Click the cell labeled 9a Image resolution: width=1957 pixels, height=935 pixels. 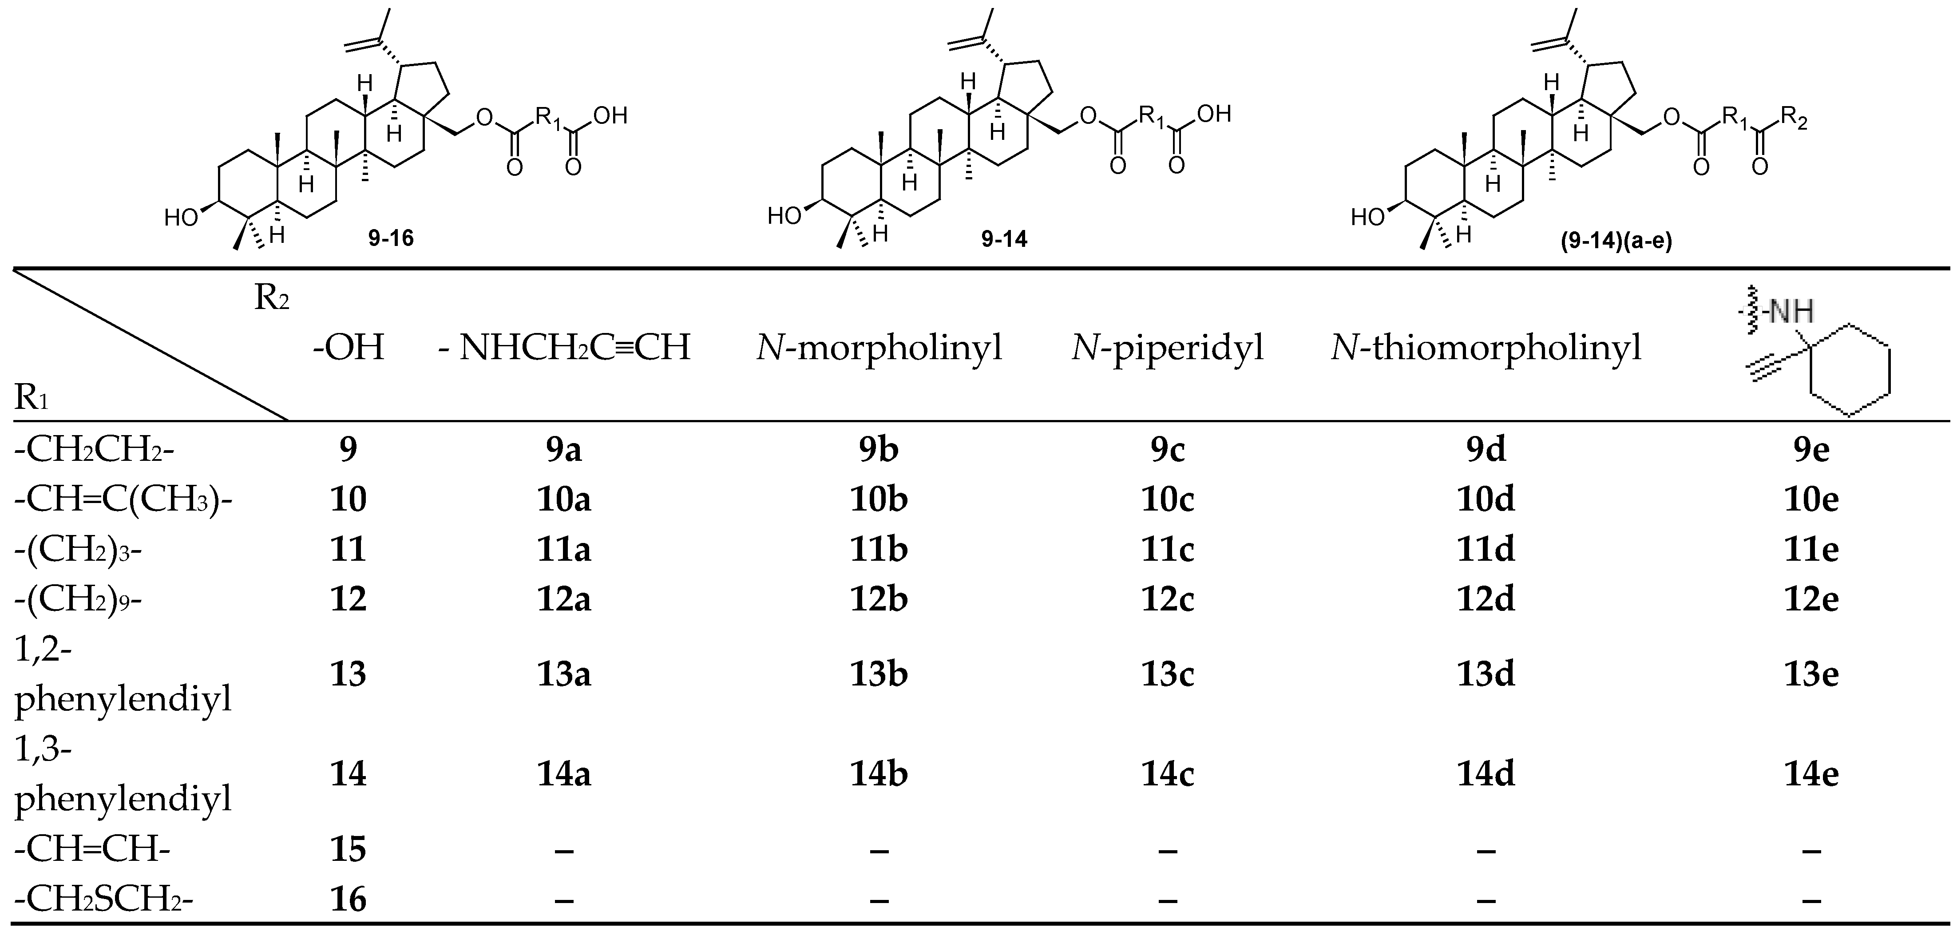[x=563, y=450]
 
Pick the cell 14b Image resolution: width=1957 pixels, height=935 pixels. [x=879, y=774]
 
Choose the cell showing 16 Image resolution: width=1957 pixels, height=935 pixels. [x=348, y=899]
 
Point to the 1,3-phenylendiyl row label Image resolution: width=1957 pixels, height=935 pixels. [x=122, y=774]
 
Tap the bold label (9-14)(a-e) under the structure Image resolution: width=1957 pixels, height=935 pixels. [x=1616, y=242]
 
